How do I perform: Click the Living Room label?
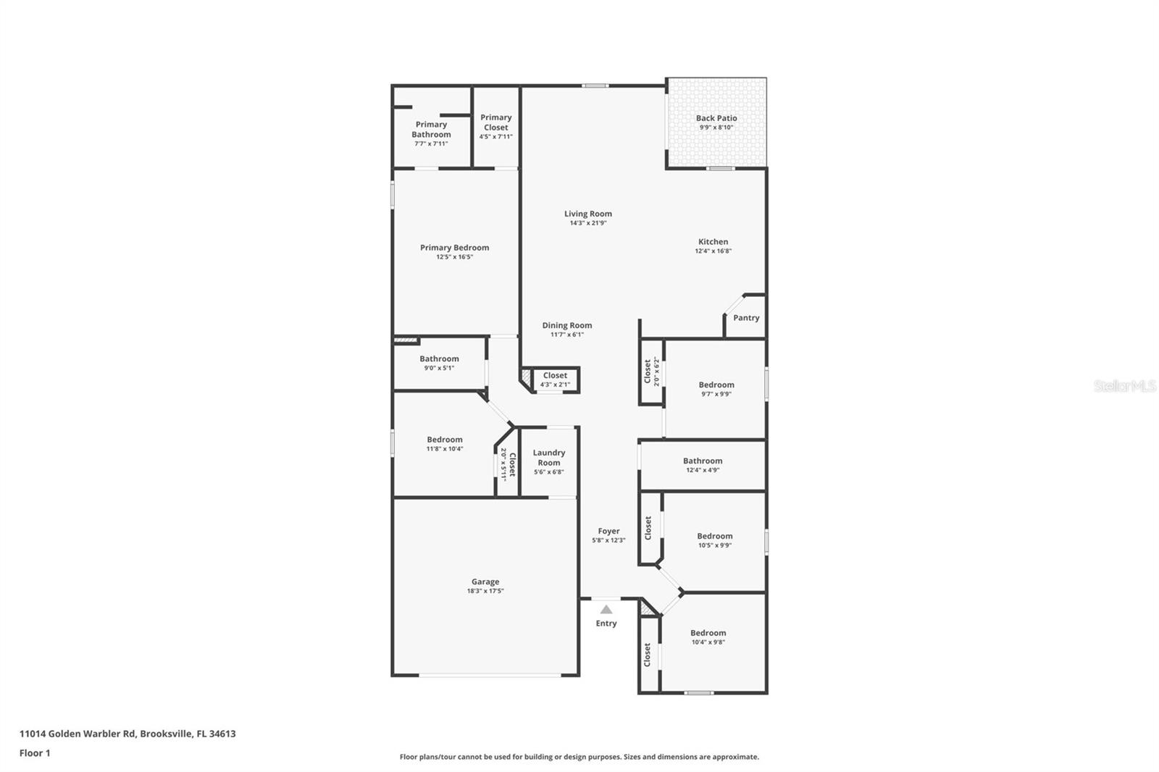(587, 214)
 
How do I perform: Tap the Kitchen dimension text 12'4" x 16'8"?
(713, 251)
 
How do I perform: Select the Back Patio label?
(716, 118)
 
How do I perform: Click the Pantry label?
(746, 318)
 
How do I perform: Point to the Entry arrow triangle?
(606, 610)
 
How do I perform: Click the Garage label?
(485, 582)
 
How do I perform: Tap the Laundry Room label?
(548, 458)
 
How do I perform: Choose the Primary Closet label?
(495, 122)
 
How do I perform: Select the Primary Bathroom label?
(431, 130)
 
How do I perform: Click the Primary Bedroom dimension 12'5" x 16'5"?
(454, 257)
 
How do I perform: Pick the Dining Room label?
(566, 325)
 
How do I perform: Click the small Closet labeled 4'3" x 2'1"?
(555, 375)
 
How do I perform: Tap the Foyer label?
(608, 531)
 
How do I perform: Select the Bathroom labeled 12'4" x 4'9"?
(702, 461)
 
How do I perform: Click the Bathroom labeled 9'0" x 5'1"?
(439, 358)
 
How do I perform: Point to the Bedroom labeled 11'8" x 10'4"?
(444, 440)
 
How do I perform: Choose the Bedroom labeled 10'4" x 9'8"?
(708, 633)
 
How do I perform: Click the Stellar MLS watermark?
(1124, 386)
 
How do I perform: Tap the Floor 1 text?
(35, 753)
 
